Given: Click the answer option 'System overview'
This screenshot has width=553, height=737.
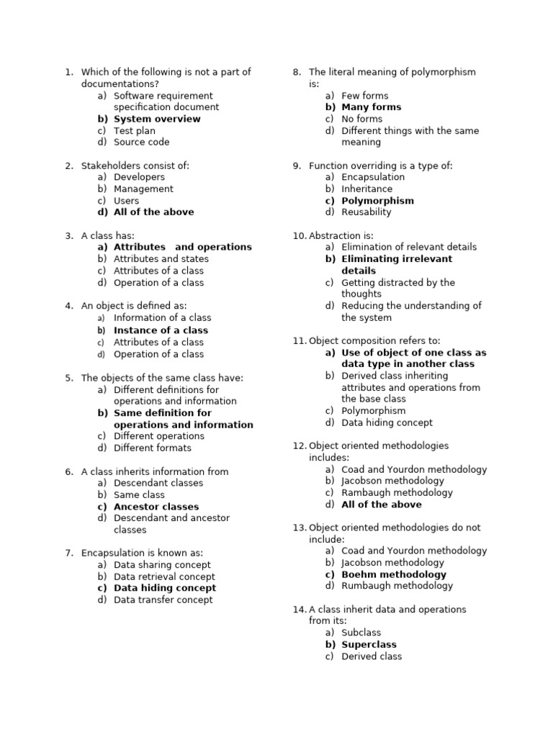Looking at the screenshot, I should tap(157, 119).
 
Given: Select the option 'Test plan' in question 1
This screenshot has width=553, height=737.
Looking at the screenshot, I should tap(134, 130).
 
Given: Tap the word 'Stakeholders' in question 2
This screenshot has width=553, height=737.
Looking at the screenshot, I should tap(109, 166).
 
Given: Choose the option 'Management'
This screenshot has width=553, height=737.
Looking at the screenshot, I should tap(143, 189).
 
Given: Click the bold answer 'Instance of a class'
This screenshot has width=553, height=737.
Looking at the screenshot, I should tap(161, 330).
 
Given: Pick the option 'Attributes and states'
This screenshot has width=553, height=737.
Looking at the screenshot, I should tap(161, 258).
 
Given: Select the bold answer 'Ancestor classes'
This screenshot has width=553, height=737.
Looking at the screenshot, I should tap(156, 507).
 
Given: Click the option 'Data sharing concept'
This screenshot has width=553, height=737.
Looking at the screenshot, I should tap(162, 565).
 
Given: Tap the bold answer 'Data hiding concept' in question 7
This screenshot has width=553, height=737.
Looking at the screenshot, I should tap(165, 588).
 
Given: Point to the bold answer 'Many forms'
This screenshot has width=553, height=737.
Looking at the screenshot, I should tap(372, 107).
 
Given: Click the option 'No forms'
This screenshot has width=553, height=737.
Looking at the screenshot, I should tap(362, 119).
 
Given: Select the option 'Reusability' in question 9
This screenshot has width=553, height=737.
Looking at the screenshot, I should tap(367, 212).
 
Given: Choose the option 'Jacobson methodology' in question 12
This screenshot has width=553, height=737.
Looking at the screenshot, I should tap(393, 481).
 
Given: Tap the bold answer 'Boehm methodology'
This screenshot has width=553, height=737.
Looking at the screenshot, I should tap(394, 574).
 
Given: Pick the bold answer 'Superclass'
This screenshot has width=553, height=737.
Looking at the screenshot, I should tap(369, 645).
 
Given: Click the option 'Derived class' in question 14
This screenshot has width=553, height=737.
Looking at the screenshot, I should tap(372, 656).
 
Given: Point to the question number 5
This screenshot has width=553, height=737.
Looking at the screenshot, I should tap(69, 378).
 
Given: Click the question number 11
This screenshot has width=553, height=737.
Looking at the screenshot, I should tap(300, 340).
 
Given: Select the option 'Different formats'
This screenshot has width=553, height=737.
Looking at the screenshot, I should tap(153, 448).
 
